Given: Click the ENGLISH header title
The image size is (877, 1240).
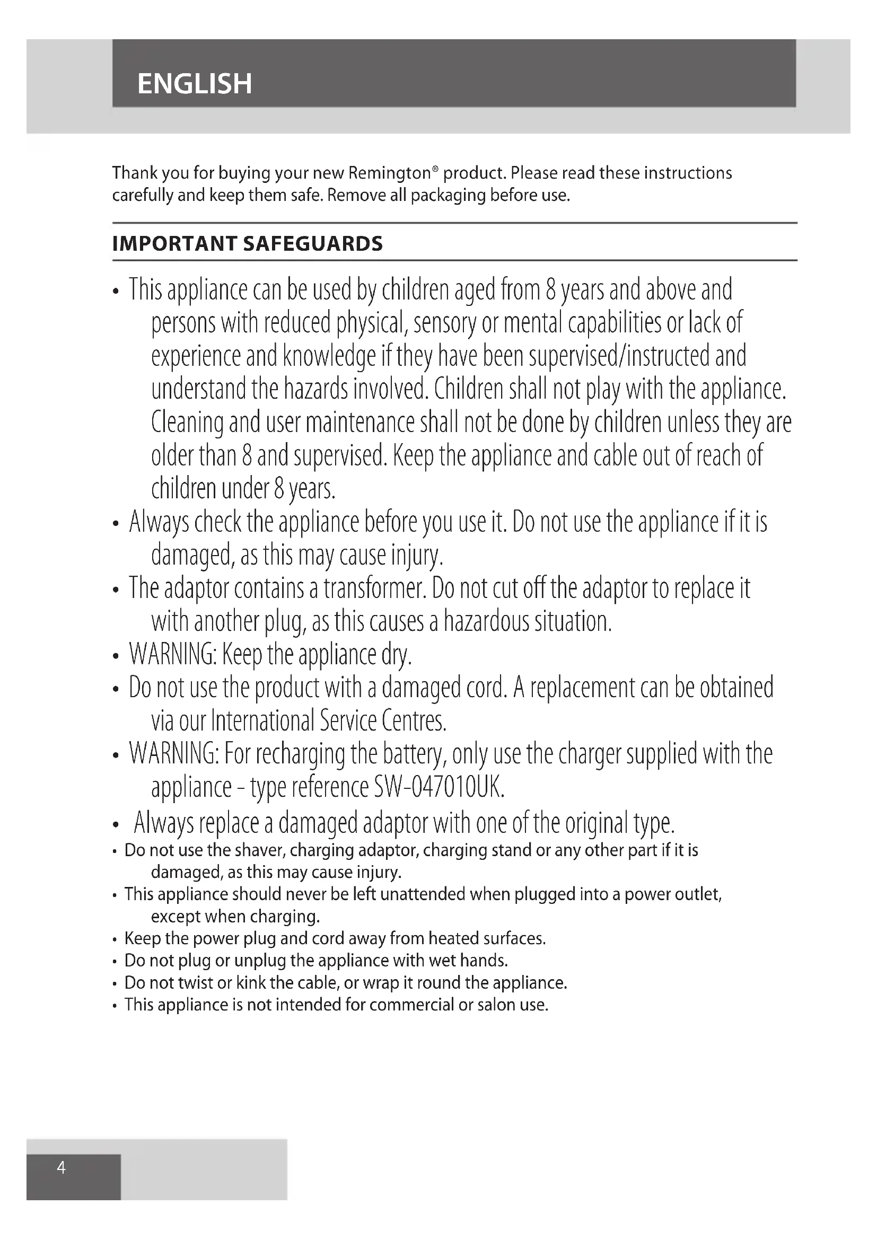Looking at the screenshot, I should (195, 84).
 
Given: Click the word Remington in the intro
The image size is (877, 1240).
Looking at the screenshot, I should (389, 173).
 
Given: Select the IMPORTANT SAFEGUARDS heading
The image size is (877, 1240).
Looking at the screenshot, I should (247, 244).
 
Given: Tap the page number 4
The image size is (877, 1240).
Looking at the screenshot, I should (62, 1168).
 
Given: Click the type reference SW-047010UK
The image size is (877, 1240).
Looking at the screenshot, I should (439, 787).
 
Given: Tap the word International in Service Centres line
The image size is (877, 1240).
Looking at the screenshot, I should (262, 721).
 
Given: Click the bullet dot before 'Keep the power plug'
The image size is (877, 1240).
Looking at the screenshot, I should (115, 940).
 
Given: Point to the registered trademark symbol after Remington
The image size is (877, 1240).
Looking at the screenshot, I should (435, 169).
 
